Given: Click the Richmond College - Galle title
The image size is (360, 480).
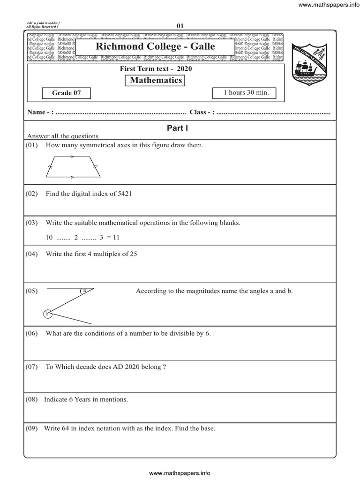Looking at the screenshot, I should tap(155, 46).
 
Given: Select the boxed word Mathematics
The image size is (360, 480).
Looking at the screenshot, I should tap(156, 81).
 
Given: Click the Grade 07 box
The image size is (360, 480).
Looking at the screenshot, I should tap(66, 93).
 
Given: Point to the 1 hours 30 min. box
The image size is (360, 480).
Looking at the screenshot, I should tap(246, 93).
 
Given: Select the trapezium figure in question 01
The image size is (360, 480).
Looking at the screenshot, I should tap(74, 167).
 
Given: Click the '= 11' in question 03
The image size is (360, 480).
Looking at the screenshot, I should tap(113, 237).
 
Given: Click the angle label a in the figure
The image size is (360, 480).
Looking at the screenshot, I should tap(84, 291).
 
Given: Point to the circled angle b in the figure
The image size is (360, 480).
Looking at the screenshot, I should tap(47, 314).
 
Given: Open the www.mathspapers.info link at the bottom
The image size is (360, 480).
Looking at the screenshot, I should tap(180, 473).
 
